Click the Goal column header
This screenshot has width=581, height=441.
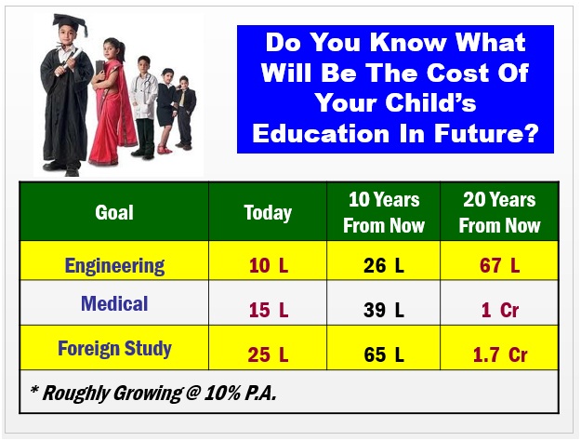[114, 212]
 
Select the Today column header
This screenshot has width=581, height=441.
[268, 213]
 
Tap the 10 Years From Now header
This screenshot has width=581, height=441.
[384, 212]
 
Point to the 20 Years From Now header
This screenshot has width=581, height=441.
[499, 212]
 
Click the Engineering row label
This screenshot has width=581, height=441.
[114, 266]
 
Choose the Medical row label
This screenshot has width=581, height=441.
[114, 303]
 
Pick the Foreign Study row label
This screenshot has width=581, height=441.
[114, 349]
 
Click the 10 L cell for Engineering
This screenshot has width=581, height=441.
[269, 265]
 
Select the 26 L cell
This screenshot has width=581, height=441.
[384, 265]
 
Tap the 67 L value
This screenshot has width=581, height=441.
[499, 265]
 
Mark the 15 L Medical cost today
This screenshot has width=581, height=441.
[269, 310]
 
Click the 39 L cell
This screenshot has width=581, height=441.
[384, 310]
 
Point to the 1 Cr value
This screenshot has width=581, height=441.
[500, 310]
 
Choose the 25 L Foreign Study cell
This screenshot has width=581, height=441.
[268, 354]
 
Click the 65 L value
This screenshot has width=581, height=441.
[384, 354]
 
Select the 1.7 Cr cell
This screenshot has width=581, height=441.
[500, 354]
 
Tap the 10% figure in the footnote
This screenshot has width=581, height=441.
[222, 394]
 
